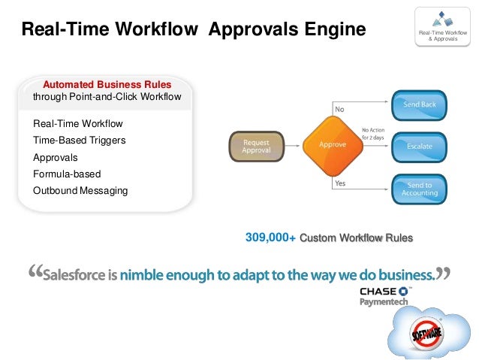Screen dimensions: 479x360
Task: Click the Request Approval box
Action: [256, 146]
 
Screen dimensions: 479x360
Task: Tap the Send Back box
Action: [419, 105]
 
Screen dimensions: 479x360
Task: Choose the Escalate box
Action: [419, 147]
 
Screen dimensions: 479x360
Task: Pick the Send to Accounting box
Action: [419, 189]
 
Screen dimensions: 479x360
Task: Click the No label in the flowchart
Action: [339, 109]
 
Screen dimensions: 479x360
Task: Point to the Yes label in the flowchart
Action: [340, 183]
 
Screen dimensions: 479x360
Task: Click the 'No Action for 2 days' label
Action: [373, 133]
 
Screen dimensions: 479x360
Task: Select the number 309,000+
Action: [270, 238]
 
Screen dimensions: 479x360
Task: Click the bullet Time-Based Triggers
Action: [79, 141]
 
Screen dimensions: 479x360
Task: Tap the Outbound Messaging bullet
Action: [80, 191]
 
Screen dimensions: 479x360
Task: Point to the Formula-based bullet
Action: [67, 174]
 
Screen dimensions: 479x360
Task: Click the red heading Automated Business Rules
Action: [107, 84]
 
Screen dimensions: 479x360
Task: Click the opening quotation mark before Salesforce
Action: [35, 273]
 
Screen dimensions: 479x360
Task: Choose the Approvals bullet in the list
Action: [56, 158]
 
